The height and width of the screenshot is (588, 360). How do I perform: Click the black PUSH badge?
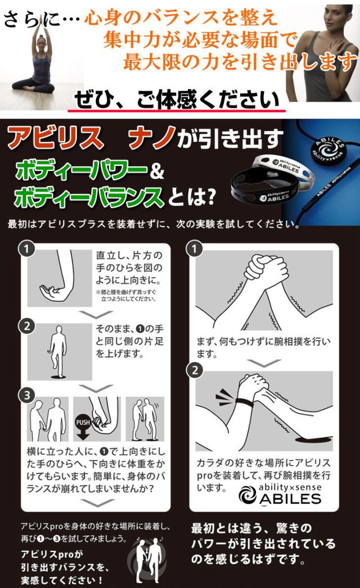[x=83, y=422]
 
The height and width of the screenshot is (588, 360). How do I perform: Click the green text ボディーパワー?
[x=80, y=171]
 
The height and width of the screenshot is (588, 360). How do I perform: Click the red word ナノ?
[x=151, y=138]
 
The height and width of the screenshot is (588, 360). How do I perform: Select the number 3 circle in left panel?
[x=27, y=395]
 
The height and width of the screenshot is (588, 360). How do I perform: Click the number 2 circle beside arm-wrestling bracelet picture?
[x=195, y=370]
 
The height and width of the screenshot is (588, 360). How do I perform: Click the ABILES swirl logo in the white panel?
[x=247, y=495]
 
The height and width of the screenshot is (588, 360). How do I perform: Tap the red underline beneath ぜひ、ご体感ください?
[x=177, y=111]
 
